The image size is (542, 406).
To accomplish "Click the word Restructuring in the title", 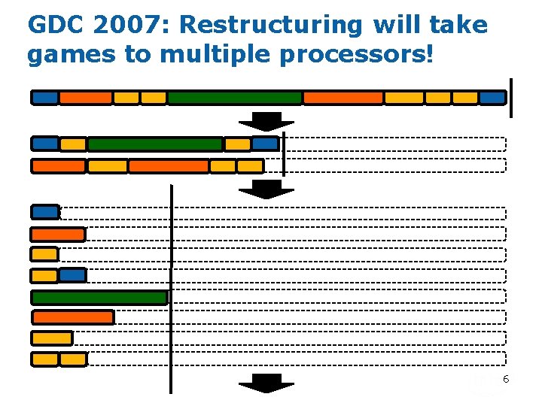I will click(x=270, y=26).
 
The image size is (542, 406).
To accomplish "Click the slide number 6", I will click(x=506, y=380).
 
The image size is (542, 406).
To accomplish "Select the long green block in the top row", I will click(x=234, y=98).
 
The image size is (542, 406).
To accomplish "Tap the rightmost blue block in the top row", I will click(x=492, y=98).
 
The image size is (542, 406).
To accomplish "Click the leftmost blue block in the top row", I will click(x=44, y=98).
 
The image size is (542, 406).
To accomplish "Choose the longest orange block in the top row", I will click(x=343, y=98).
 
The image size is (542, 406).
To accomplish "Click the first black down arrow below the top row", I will click(x=266, y=121).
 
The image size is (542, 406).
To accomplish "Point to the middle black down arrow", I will click(x=266, y=189).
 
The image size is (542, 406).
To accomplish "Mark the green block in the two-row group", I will click(x=155, y=144).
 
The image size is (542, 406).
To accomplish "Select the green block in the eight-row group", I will click(x=99, y=298).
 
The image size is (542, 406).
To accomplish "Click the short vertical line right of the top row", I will click(x=511, y=98).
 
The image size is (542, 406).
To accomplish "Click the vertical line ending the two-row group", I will click(x=283, y=153).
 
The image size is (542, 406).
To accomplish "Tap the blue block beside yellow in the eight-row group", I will click(x=73, y=275).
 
